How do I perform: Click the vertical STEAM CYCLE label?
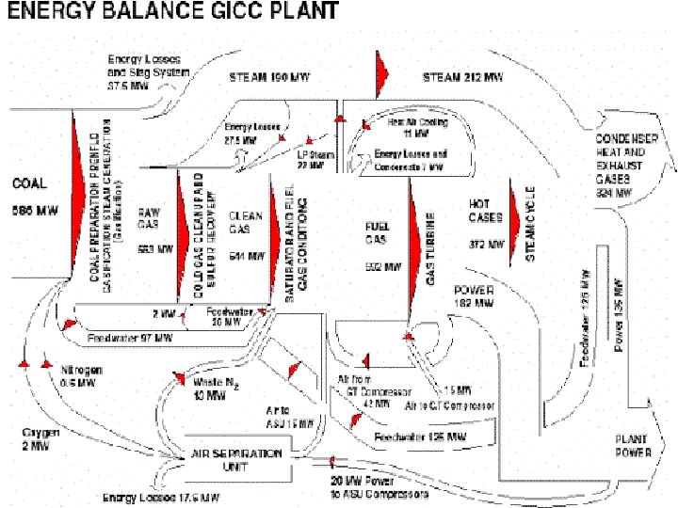531,225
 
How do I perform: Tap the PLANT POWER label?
634,446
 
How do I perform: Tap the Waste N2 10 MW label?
208,388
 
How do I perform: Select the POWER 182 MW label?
476,297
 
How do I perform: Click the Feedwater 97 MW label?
130,337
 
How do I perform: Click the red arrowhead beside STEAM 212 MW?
381,67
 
